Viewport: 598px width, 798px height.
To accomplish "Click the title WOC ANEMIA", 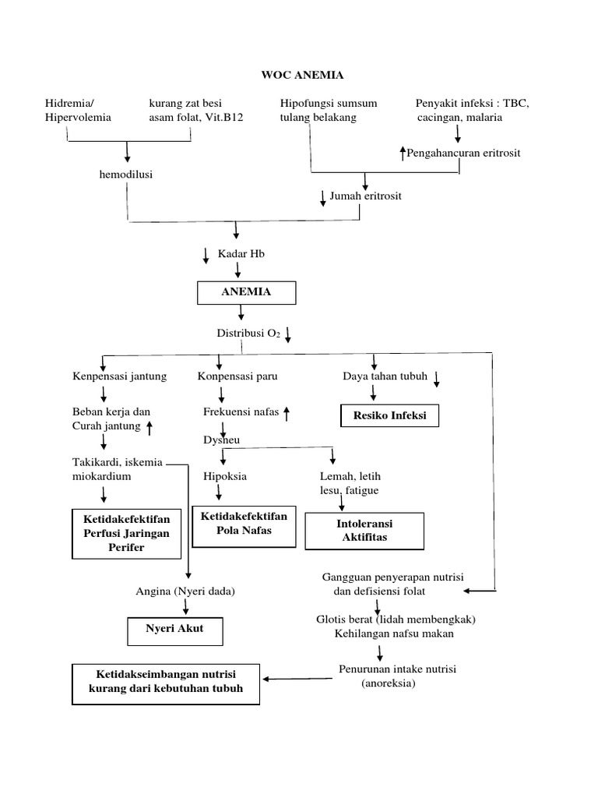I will point(301,76).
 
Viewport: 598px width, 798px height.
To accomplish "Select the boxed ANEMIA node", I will point(246,291).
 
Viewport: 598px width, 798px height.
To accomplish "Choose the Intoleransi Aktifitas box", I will point(364,531).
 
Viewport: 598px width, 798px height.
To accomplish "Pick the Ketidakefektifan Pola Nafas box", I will point(244,524).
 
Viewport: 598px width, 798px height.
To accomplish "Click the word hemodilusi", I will point(125,174).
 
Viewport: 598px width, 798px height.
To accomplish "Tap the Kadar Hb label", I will point(241,254).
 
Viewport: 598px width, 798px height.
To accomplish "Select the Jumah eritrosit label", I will point(365,196).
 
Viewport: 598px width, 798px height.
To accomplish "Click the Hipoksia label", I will point(224,476).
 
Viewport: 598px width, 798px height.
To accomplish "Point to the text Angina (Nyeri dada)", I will point(185,591).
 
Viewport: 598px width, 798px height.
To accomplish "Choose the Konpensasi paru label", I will point(237,376).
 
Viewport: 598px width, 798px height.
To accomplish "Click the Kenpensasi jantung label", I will point(118,376).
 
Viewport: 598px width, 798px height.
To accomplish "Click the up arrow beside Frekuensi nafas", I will point(287,413).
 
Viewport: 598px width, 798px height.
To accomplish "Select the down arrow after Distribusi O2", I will point(288,334).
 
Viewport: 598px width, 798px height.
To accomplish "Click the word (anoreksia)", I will point(389,683).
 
